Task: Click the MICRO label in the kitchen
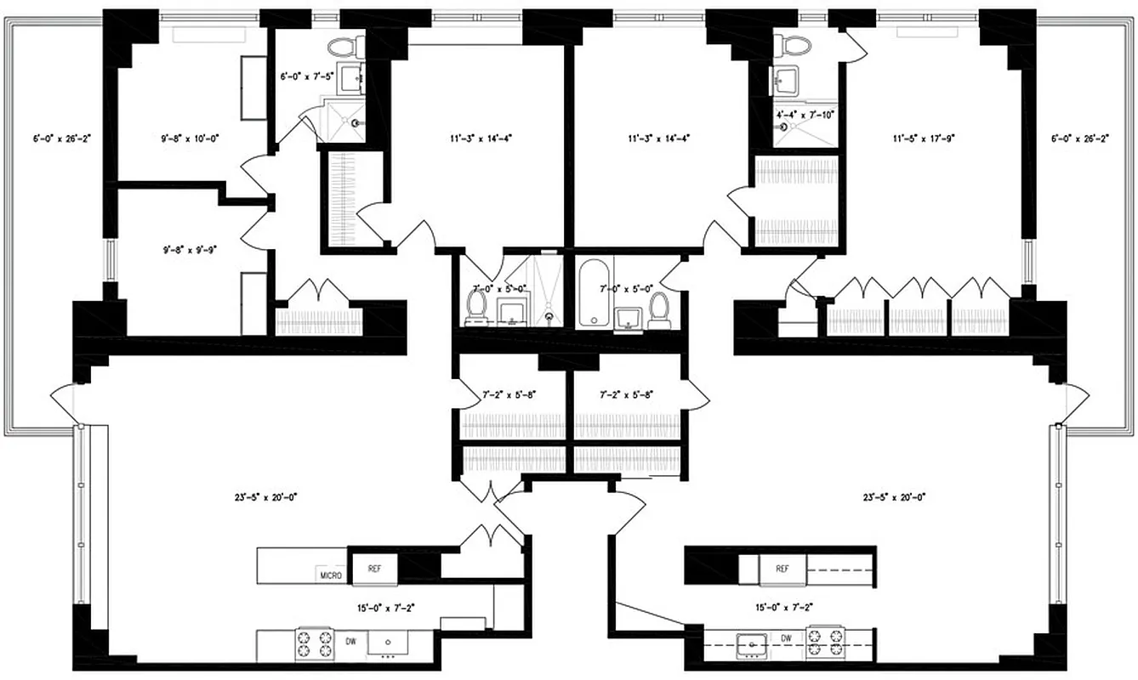[331, 575]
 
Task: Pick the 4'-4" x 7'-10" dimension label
[805, 114]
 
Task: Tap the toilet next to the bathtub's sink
[658, 309]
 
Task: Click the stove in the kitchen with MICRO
[314, 643]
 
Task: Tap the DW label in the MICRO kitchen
[350, 642]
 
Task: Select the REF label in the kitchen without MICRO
[782, 569]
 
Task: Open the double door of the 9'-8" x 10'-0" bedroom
[256, 173]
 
